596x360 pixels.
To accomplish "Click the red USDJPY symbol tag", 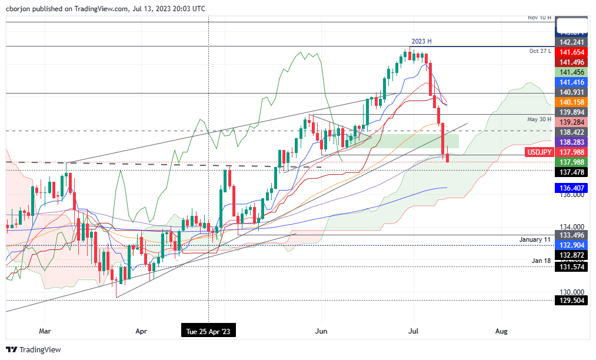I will [x=538, y=152].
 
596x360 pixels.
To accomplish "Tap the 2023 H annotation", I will [x=421, y=42].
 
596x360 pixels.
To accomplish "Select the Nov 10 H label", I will [x=539, y=18].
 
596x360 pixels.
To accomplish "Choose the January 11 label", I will [x=535, y=239].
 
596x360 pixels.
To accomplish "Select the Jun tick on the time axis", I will [x=321, y=331].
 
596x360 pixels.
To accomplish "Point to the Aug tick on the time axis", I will [x=501, y=331].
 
